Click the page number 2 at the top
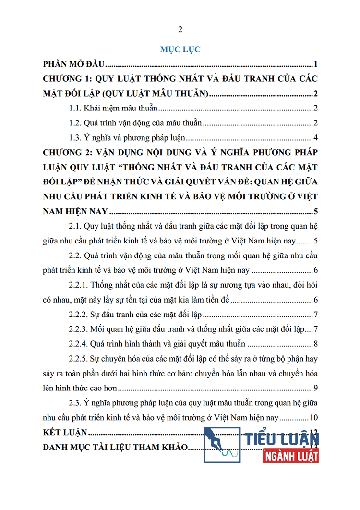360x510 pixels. [180, 30]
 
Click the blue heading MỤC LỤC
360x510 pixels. [180, 49]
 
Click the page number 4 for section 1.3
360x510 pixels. [315, 138]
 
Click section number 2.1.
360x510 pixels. [75, 226]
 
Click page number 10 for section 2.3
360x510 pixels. [314, 418]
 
